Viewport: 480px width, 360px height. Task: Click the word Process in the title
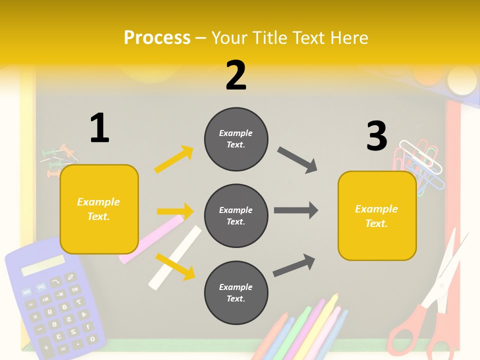pyautogui.click(x=157, y=38)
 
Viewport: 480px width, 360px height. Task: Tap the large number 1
pyautogui.click(x=99, y=128)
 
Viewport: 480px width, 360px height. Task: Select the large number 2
pyautogui.click(x=236, y=76)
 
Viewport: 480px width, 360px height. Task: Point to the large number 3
pyautogui.click(x=377, y=136)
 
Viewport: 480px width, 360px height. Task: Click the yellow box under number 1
pyautogui.click(x=99, y=209)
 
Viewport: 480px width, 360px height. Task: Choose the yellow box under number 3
pyautogui.click(x=377, y=216)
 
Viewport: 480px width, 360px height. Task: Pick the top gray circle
pyautogui.click(x=236, y=138)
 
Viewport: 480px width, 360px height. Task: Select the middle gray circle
pyautogui.click(x=236, y=215)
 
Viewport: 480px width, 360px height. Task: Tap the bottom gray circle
pyautogui.click(x=236, y=292)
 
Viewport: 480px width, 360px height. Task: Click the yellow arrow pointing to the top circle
pyautogui.click(x=174, y=159)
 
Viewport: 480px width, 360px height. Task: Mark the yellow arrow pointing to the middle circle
pyautogui.click(x=175, y=211)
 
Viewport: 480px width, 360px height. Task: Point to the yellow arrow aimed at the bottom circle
pyautogui.click(x=175, y=266)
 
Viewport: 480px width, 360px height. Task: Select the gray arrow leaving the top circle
pyautogui.click(x=297, y=160)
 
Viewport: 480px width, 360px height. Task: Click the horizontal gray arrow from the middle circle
pyautogui.click(x=296, y=210)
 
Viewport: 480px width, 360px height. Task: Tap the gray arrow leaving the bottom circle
pyautogui.click(x=294, y=265)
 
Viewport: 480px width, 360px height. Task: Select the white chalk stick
pyautogui.click(x=175, y=258)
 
